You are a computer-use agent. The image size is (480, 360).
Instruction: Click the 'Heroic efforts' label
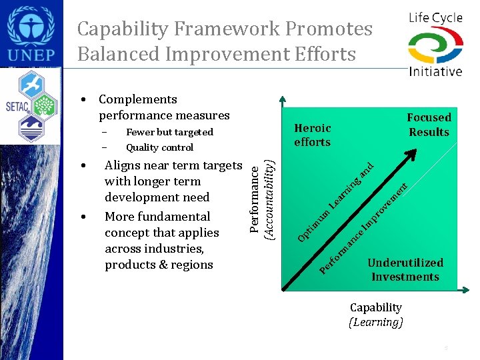(x=312, y=135)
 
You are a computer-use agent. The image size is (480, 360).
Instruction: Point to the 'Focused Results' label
(x=429, y=125)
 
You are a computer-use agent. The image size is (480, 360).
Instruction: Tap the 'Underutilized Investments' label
(x=405, y=269)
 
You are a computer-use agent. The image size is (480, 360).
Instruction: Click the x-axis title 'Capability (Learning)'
(x=376, y=315)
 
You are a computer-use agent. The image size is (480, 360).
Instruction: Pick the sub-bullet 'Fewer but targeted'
(x=169, y=132)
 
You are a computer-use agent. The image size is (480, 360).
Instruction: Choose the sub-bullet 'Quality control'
(x=159, y=147)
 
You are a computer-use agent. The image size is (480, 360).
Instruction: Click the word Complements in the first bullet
(x=137, y=99)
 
